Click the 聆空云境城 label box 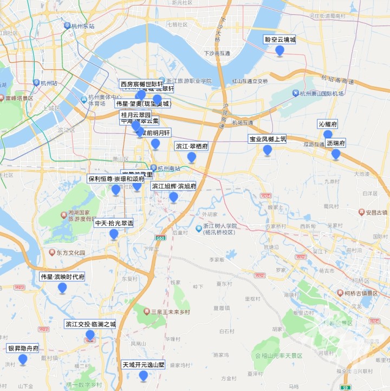pos(280,40)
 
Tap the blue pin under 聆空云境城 pos(280,51)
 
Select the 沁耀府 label pos(328,124)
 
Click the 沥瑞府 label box pos(336,143)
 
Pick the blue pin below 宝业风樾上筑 pos(268,150)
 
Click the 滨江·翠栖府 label pos(192,146)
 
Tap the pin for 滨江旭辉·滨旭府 pos(174,197)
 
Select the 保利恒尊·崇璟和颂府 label pos(116,178)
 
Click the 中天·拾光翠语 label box pos(114,223)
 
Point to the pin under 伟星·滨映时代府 pos(62,288)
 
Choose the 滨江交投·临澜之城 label pos(90,324)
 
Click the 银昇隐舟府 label pos(23,348)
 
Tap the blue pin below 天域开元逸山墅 pos(143,376)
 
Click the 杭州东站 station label pos(82,26)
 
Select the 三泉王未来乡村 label pos(170,312)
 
